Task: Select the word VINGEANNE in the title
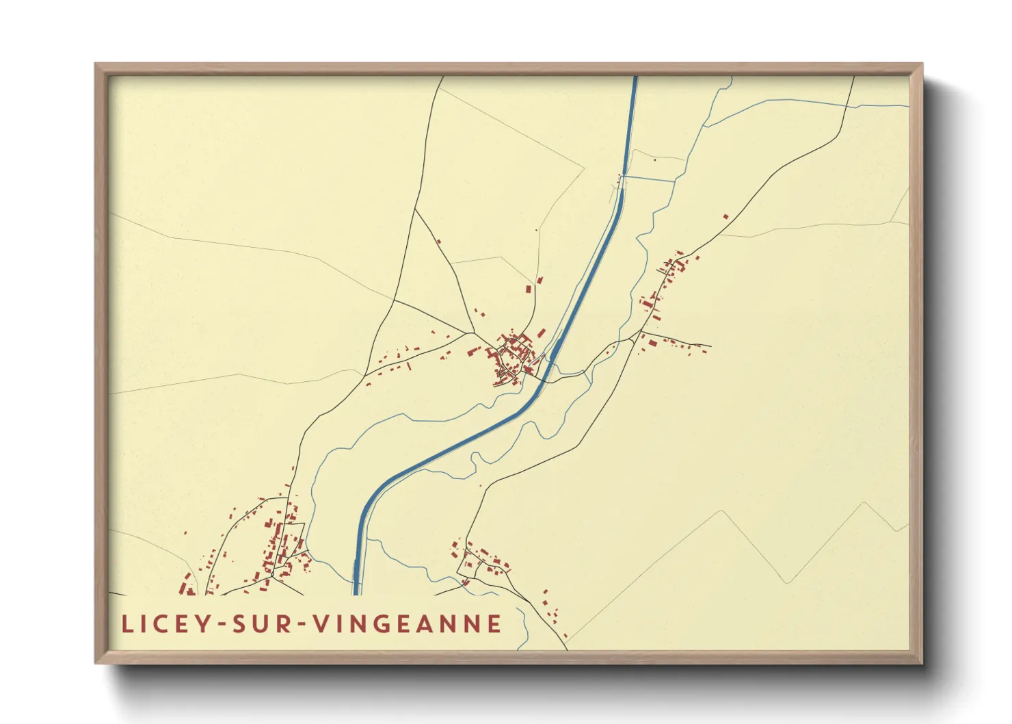[x=408, y=623]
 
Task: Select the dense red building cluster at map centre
[x=513, y=356]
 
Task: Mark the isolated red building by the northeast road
[x=725, y=217]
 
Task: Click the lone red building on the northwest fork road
[x=438, y=241]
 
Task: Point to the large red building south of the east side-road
[x=652, y=343]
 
